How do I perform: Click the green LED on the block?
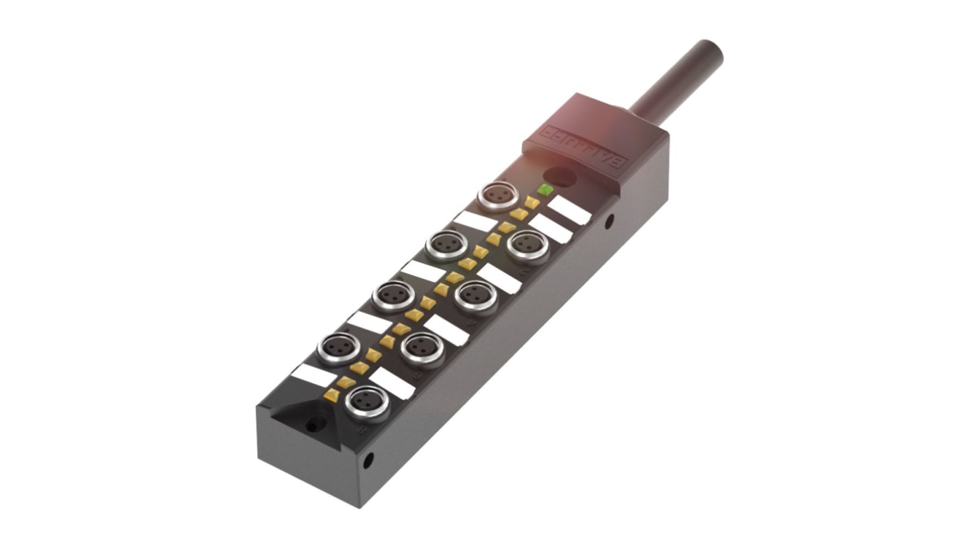click(x=545, y=189)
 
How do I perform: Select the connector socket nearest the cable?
click(x=498, y=196)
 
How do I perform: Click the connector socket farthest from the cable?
click(x=367, y=402)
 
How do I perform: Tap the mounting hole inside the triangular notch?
click(x=312, y=426)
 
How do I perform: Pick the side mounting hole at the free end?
click(x=368, y=460)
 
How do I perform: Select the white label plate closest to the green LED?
click(x=569, y=209)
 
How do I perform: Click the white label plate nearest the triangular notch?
click(x=314, y=375)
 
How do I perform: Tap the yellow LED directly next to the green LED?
click(x=532, y=202)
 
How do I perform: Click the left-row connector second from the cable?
click(x=446, y=245)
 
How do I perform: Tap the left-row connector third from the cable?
click(x=393, y=295)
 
